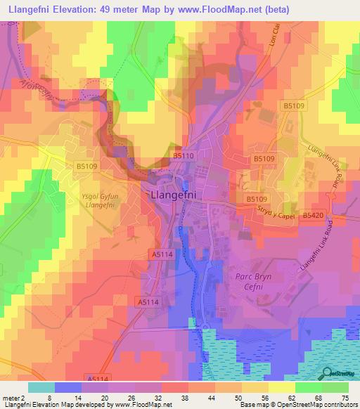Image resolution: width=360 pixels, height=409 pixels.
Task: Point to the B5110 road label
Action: pyautogui.click(x=182, y=155)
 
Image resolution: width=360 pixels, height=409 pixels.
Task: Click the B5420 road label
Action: pyautogui.click(x=314, y=216)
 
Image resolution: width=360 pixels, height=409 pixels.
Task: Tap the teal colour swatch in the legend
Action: pyautogui.click(x=41, y=387)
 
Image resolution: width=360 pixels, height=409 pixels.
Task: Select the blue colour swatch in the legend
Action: pyautogui.click(x=68, y=387)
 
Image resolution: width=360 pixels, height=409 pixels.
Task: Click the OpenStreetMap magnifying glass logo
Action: pyautogui.click(x=326, y=372)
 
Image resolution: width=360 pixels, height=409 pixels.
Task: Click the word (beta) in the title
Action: pyautogui.click(x=271, y=8)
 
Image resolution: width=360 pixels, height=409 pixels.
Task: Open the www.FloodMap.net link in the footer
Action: pyautogui.click(x=146, y=405)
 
